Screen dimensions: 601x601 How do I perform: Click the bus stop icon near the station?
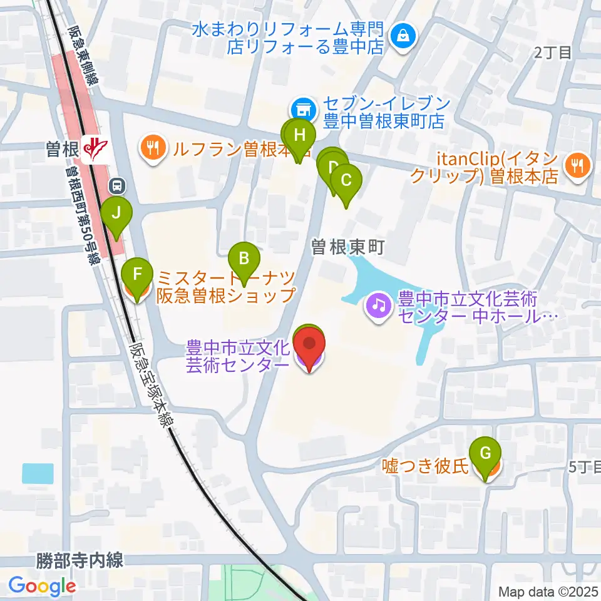[117, 185]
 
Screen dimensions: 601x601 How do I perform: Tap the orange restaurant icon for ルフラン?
[152, 148]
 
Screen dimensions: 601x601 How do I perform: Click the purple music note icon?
[378, 306]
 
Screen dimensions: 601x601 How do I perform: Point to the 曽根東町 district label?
[347, 249]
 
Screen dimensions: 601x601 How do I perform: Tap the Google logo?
[42, 586]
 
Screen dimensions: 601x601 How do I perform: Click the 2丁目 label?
[553, 53]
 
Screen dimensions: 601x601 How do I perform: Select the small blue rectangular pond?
[38, 473]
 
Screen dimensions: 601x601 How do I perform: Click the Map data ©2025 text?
[548, 591]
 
